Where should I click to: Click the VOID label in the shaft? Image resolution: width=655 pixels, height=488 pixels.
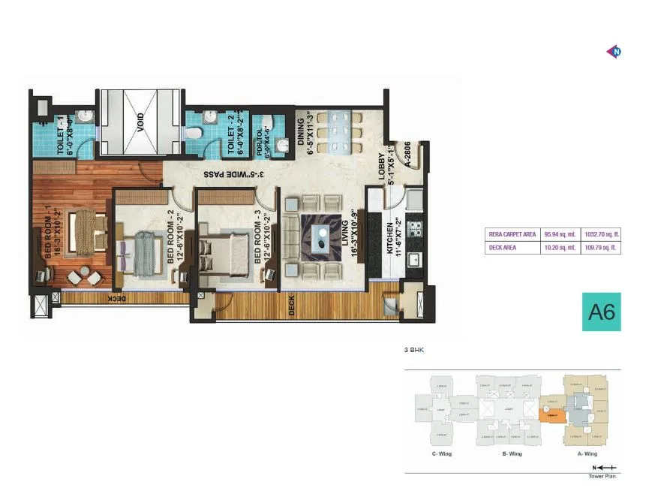point(140,122)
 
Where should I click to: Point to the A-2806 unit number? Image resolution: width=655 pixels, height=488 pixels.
point(407,158)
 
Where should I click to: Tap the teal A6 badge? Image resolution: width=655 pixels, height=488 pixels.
point(601,312)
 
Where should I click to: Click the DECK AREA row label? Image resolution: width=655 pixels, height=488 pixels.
point(503,248)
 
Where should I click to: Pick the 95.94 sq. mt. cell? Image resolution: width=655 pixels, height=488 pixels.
point(560,234)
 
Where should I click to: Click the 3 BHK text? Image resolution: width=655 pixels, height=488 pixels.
point(415,350)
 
